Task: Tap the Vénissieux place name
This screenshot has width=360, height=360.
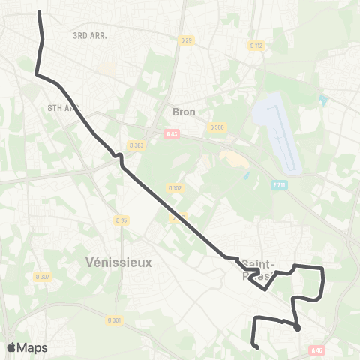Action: [x=118, y=262]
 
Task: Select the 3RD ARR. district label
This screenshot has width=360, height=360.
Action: [x=90, y=35]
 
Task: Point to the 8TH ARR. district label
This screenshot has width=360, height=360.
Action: [x=64, y=107]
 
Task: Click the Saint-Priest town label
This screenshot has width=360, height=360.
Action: [x=259, y=269]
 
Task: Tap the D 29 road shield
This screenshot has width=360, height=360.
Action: [x=187, y=40]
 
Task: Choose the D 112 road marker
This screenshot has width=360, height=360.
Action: [x=257, y=46]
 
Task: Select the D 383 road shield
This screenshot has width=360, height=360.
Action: [x=136, y=145]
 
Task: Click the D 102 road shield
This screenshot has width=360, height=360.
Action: [x=175, y=187]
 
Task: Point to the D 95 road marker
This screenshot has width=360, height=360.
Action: [x=122, y=220]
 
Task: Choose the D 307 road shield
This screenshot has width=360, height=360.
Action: [x=43, y=276]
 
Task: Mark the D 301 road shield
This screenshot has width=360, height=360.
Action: [x=114, y=319]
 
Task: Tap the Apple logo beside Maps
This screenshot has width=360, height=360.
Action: [x=11, y=347]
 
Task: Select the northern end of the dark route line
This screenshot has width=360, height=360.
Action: [x=39, y=13]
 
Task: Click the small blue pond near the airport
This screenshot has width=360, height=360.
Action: [x=322, y=100]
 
